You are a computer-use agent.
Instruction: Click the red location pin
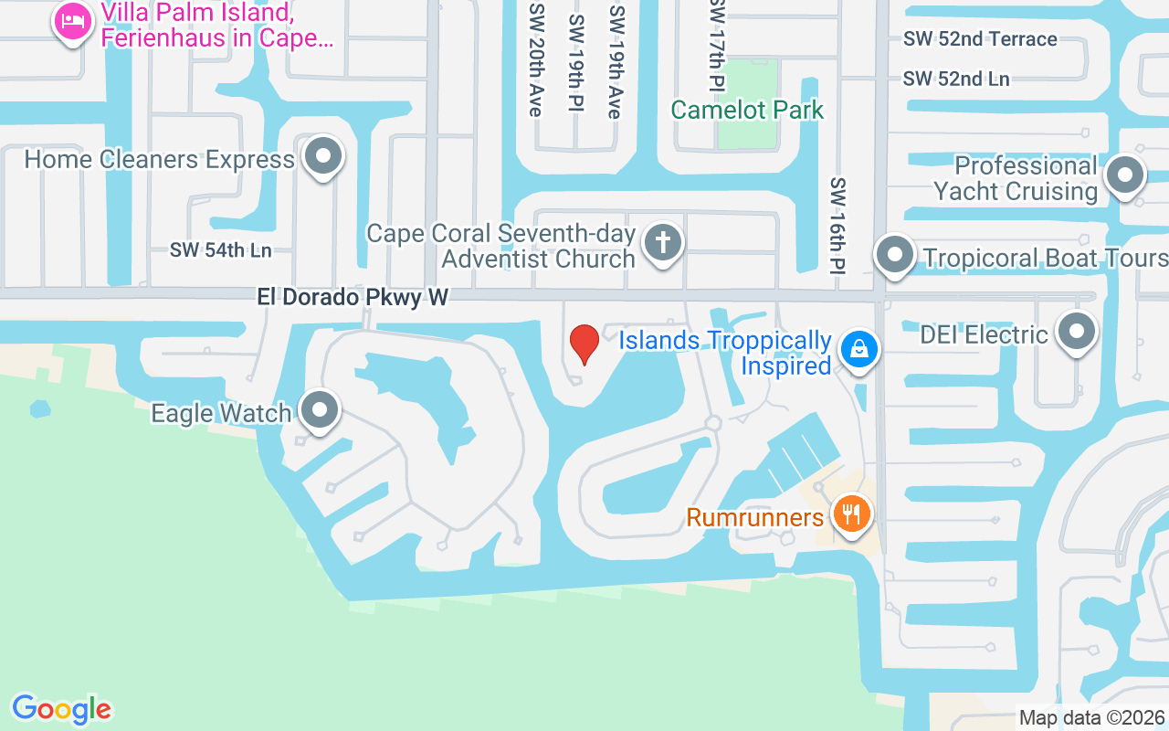coord(584,344)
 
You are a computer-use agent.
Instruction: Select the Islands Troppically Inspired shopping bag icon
coord(858,348)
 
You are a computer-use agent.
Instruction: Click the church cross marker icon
coord(663,243)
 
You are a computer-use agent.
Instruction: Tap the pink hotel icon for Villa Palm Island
coord(72,20)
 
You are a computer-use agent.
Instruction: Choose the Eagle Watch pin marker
coord(320,410)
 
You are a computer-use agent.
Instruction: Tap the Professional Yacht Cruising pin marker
coord(1125,175)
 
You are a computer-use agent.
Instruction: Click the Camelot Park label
coord(747,111)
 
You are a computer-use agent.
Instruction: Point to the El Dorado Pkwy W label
coord(353,298)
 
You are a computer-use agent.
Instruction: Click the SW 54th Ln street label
coord(221,250)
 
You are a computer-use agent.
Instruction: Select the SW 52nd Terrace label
coord(980,39)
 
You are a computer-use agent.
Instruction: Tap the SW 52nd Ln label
coord(956,79)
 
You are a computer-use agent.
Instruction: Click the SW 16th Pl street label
coord(838,226)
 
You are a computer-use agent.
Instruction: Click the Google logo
coord(61,709)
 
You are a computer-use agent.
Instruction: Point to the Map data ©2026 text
coord(1091,717)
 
